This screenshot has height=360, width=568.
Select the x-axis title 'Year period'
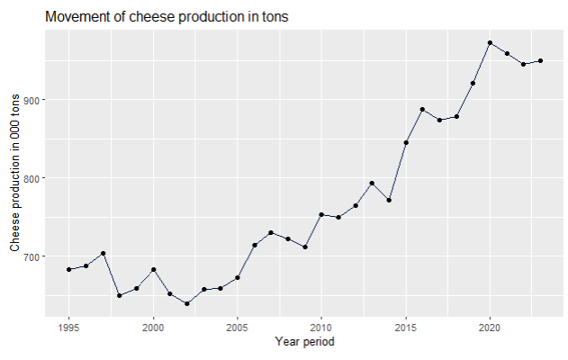tap(305, 342)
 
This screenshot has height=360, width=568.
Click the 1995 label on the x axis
tap(68, 327)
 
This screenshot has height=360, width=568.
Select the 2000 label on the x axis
tap(153, 327)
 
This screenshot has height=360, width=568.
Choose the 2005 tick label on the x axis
tap(237, 327)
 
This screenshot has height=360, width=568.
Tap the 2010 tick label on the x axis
tap(321, 327)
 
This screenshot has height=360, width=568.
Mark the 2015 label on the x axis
tap(406, 327)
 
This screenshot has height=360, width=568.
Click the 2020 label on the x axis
tap(490, 327)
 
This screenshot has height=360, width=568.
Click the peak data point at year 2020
tap(490, 43)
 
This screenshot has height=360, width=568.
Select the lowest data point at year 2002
tap(186, 303)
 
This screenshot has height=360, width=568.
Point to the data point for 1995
tap(68, 269)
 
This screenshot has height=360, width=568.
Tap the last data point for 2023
tap(540, 61)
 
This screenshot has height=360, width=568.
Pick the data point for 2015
tap(406, 142)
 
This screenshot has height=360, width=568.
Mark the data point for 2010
tap(321, 214)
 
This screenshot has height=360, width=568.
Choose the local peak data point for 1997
tap(103, 253)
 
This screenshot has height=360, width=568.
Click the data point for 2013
tap(372, 183)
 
